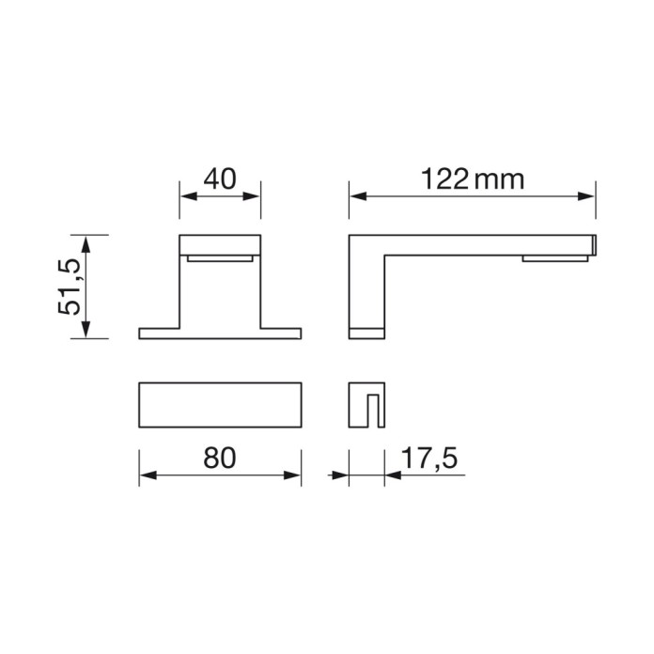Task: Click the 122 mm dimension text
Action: click(x=472, y=179)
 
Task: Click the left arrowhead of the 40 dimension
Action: click(x=185, y=196)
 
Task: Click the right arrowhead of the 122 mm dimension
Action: click(x=589, y=196)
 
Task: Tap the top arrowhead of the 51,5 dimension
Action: click(x=86, y=241)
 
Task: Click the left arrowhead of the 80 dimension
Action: click(x=146, y=476)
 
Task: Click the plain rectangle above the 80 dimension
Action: click(x=220, y=405)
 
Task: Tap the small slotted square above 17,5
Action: click(x=366, y=405)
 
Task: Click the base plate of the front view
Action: click(x=220, y=333)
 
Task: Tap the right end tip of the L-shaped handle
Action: click(x=595, y=243)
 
